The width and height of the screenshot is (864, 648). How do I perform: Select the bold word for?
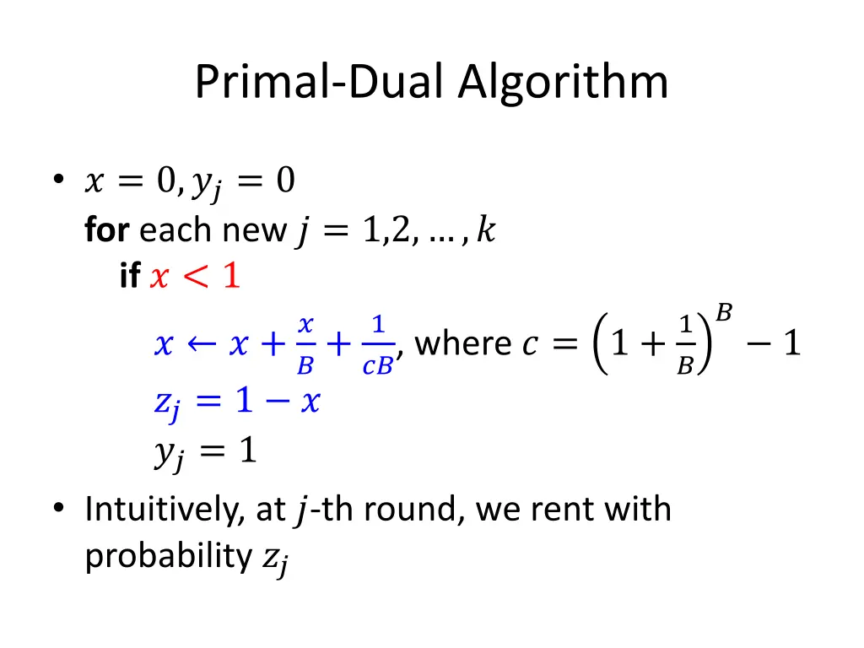pos(106,229)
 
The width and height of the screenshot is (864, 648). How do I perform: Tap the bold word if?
pos(129,276)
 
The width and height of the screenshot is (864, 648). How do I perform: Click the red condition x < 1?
pos(195,276)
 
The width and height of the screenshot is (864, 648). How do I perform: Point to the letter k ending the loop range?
pos(485,229)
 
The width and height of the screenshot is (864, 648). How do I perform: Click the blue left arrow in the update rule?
pos(199,344)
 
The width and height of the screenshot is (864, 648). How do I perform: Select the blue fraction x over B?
pos(306,344)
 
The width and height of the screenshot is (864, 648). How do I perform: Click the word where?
pos(463,344)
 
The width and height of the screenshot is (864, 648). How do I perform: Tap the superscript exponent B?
pos(723,313)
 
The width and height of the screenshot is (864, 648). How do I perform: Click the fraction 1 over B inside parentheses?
pos(685,344)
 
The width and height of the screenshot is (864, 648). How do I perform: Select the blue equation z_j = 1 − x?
pos(236,402)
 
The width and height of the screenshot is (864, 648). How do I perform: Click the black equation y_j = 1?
pos(205,454)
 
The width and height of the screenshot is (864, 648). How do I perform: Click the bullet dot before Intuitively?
pos(57,509)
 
